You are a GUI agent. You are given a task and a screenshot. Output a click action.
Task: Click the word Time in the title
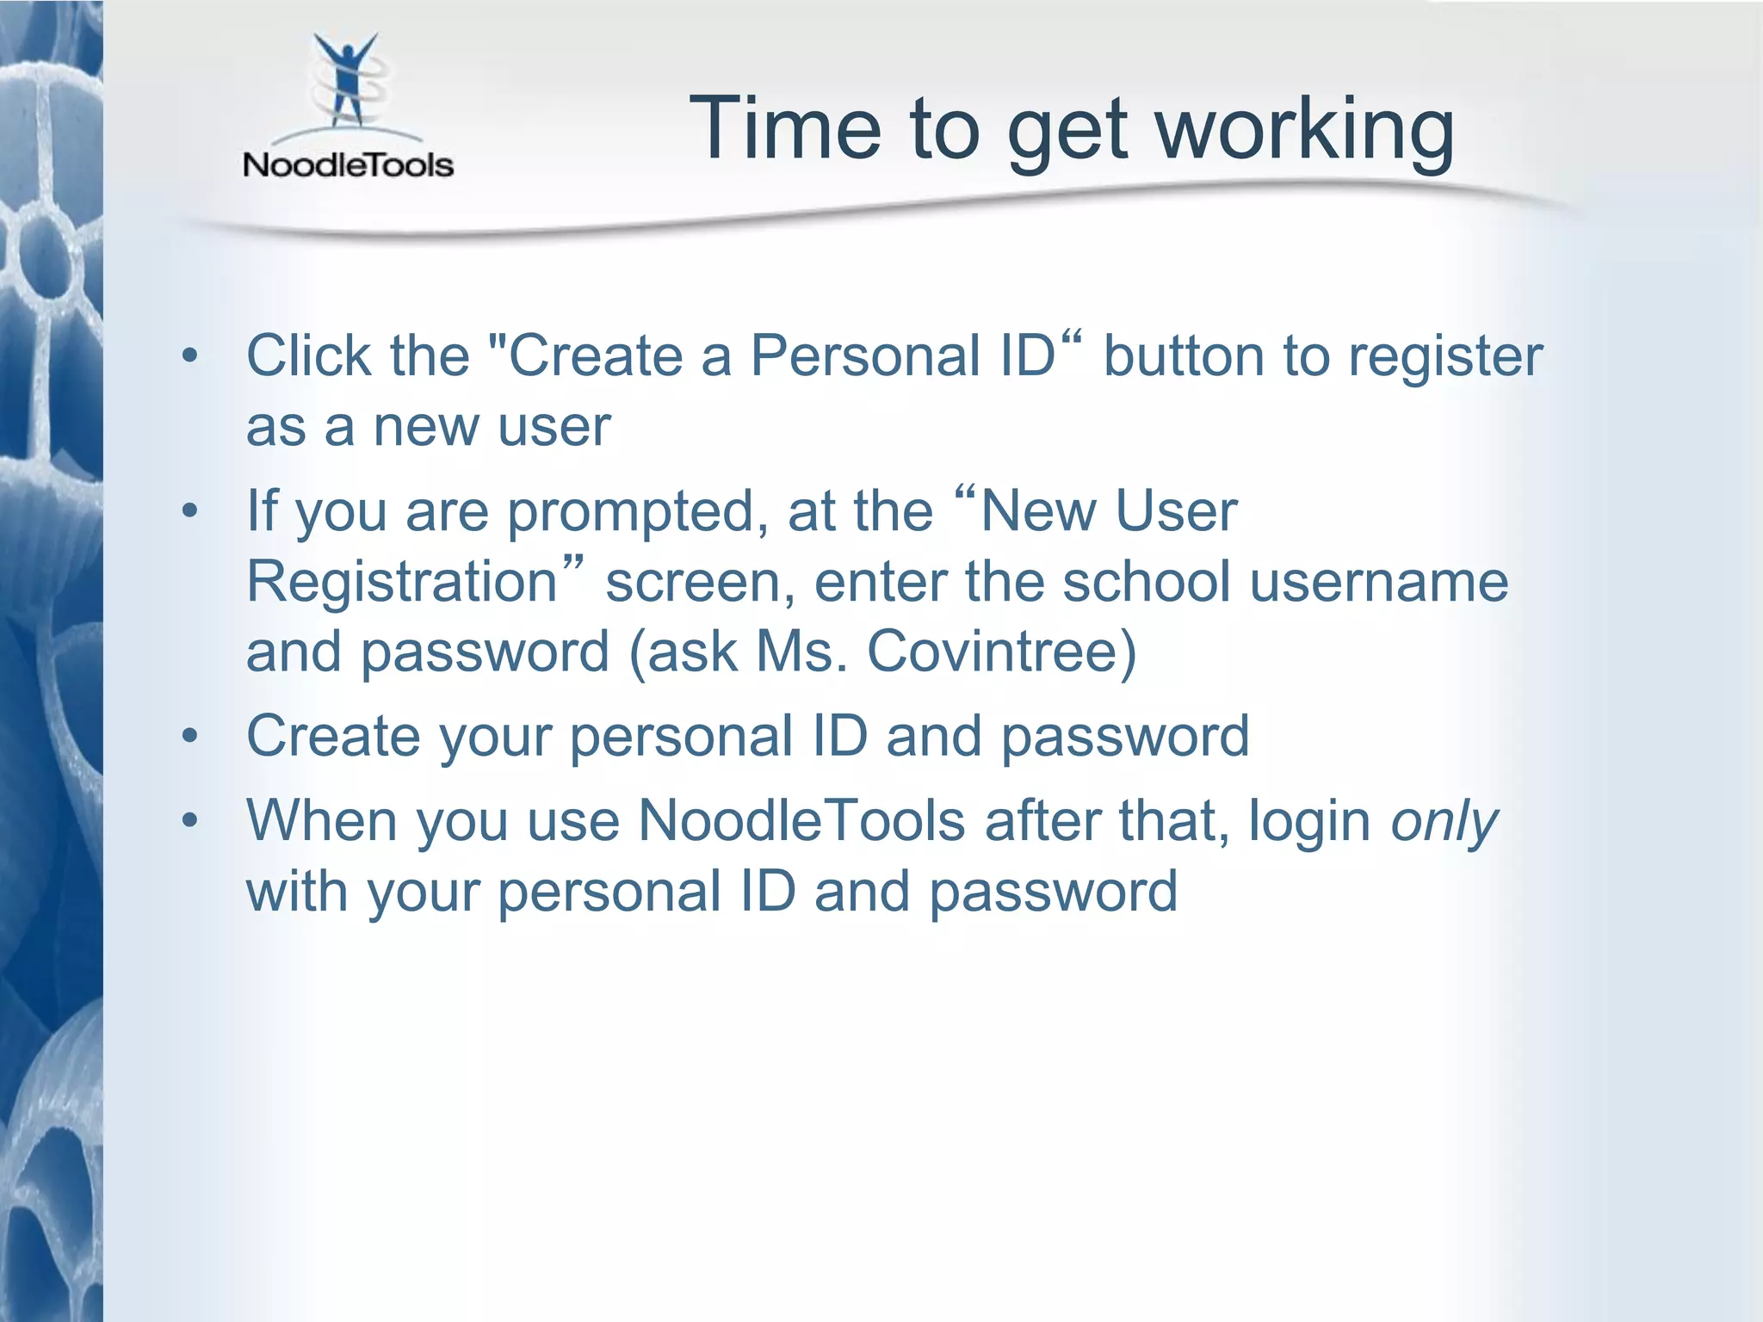(x=784, y=129)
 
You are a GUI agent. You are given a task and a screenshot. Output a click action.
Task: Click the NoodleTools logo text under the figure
(x=348, y=164)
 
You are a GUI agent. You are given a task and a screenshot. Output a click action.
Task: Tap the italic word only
(x=1444, y=823)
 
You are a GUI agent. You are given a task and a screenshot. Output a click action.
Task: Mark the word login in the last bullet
(x=1309, y=823)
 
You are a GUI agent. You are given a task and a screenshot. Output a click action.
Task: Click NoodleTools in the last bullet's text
(x=801, y=821)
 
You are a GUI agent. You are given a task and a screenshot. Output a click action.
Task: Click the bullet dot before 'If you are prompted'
(x=190, y=511)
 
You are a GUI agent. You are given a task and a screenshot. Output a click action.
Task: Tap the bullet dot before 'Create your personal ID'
(x=190, y=737)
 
